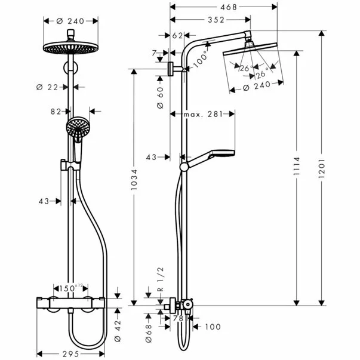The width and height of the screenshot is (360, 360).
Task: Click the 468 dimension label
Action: [x=224, y=7]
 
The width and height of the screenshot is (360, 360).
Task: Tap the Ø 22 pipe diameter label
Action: [x=48, y=87]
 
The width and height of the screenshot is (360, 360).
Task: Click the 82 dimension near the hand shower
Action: [x=57, y=111]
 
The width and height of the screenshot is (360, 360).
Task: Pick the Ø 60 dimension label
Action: [x=160, y=98]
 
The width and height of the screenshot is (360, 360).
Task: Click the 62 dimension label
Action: [x=178, y=36]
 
